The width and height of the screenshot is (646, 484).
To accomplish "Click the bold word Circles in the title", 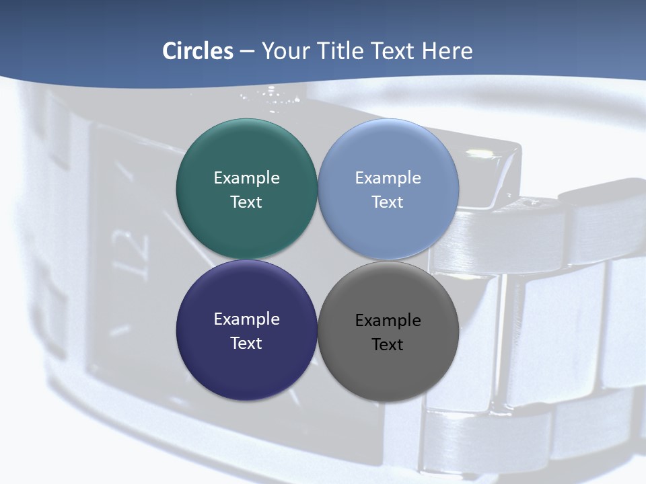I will (x=198, y=51).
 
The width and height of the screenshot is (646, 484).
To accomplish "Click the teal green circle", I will (x=246, y=155).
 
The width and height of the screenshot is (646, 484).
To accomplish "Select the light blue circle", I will (x=388, y=155).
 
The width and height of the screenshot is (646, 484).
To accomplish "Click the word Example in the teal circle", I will (x=246, y=178).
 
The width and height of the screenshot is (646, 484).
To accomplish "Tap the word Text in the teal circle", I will (x=246, y=202).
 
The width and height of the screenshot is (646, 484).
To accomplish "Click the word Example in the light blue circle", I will (x=388, y=178).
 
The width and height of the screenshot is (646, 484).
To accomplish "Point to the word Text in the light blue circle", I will (x=388, y=202).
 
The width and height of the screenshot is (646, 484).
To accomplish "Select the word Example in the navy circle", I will (x=246, y=319).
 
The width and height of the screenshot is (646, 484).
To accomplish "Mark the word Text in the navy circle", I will (x=246, y=344).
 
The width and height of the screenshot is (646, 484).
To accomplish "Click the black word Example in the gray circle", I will (x=388, y=321).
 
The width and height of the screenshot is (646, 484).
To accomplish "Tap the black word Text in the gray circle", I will (x=388, y=345).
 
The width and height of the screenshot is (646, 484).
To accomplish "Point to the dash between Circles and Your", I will (x=247, y=52).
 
